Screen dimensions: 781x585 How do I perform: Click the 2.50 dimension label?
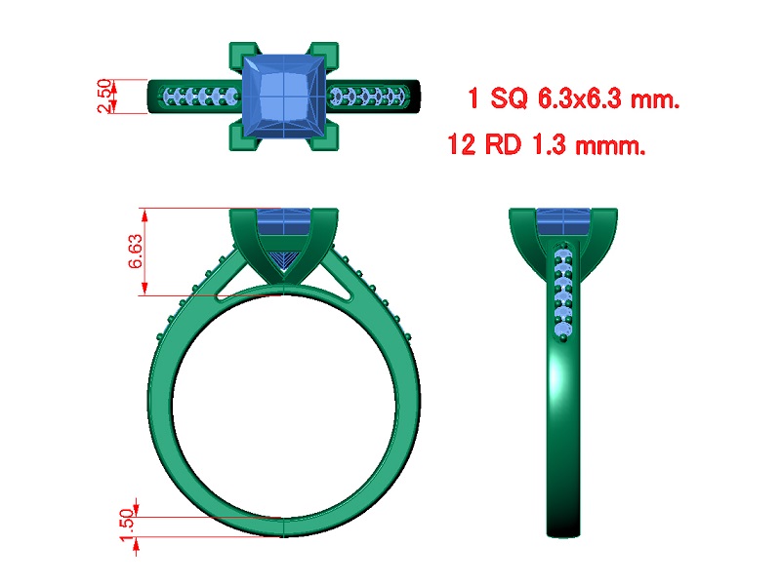coord(104,96)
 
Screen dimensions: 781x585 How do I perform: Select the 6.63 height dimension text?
coord(136,252)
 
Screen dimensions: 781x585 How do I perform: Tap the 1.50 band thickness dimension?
coord(128,525)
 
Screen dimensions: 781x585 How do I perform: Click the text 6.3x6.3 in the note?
coord(580,98)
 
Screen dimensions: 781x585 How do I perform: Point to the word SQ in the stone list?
coord(509,98)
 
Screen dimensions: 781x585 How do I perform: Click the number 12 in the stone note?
coord(462,144)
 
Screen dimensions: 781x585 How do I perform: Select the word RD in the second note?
coord(503,144)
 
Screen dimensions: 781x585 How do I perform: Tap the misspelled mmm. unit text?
coord(611,145)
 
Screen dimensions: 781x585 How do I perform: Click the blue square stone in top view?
coord(284,96)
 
